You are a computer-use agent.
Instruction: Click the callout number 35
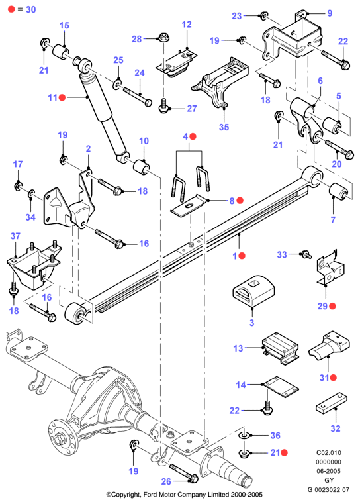click(224, 127)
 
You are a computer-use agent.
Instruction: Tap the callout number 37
click(15, 236)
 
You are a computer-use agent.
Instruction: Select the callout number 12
click(187, 25)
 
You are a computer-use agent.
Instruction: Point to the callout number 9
click(330, 13)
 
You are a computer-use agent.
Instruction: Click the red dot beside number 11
click(62, 97)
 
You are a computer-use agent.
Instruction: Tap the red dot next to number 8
click(240, 200)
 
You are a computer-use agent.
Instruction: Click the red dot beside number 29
click(332, 306)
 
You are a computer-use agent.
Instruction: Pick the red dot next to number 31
click(333, 378)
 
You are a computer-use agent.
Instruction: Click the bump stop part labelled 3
click(253, 291)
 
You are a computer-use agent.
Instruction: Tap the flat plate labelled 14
click(281, 387)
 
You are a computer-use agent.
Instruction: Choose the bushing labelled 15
click(61, 52)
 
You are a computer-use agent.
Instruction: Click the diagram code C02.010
click(328, 452)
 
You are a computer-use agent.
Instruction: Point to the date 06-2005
click(328, 471)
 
